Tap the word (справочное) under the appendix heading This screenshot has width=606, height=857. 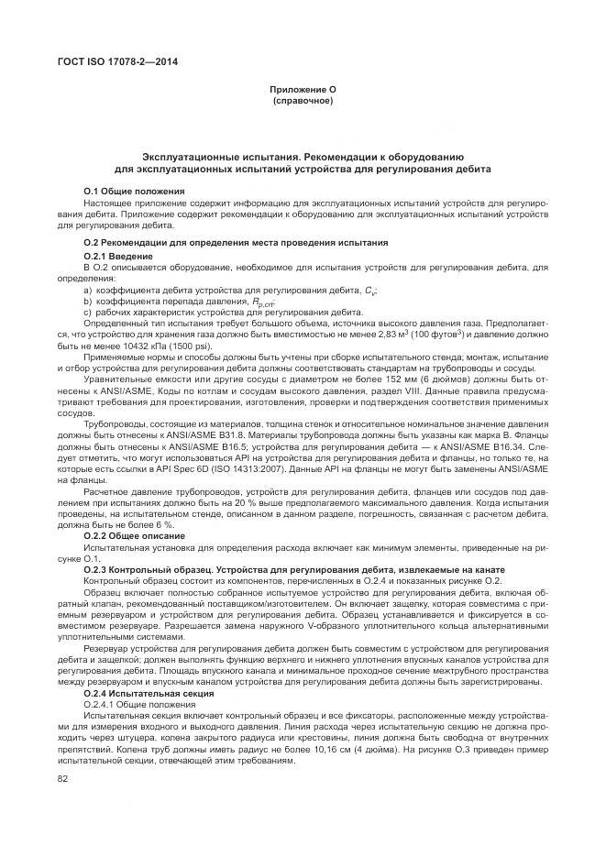click(303, 100)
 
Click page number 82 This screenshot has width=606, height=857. click(63, 779)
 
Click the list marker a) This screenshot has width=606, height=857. click(87, 290)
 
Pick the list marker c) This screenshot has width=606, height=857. click(87, 312)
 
